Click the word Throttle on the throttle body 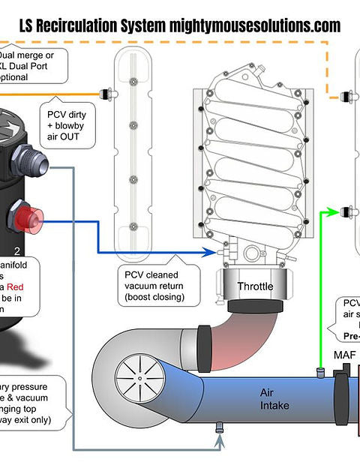[x=255, y=286]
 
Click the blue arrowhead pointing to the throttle [x=217, y=253]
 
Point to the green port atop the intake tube [x=319, y=371]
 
